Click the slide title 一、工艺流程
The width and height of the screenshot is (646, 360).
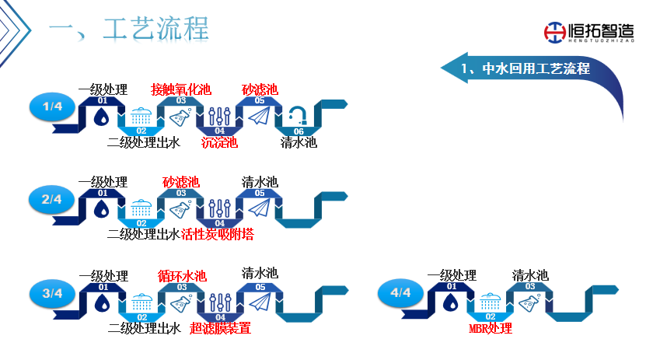click(x=129, y=30)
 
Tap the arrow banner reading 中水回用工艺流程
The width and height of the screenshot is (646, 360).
click(x=524, y=68)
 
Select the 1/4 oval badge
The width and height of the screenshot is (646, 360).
click(x=52, y=107)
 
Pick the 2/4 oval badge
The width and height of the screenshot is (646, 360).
click(x=52, y=199)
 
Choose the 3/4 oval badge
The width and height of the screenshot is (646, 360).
click(x=52, y=293)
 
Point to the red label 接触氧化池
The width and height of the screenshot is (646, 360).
click(x=180, y=89)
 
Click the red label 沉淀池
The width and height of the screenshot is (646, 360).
click(x=219, y=142)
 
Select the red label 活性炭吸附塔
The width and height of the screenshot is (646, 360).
click(x=218, y=234)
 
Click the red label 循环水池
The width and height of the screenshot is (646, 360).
click(x=182, y=276)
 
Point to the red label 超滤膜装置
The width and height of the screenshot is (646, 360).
click(x=220, y=328)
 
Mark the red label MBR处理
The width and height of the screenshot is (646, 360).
click(x=491, y=328)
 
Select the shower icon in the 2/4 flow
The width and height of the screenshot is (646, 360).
click(x=141, y=209)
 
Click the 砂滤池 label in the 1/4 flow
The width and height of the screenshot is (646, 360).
click(x=260, y=89)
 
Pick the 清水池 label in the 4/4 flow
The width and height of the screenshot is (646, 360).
click(x=530, y=275)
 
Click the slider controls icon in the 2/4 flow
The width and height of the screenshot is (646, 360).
click(x=219, y=209)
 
